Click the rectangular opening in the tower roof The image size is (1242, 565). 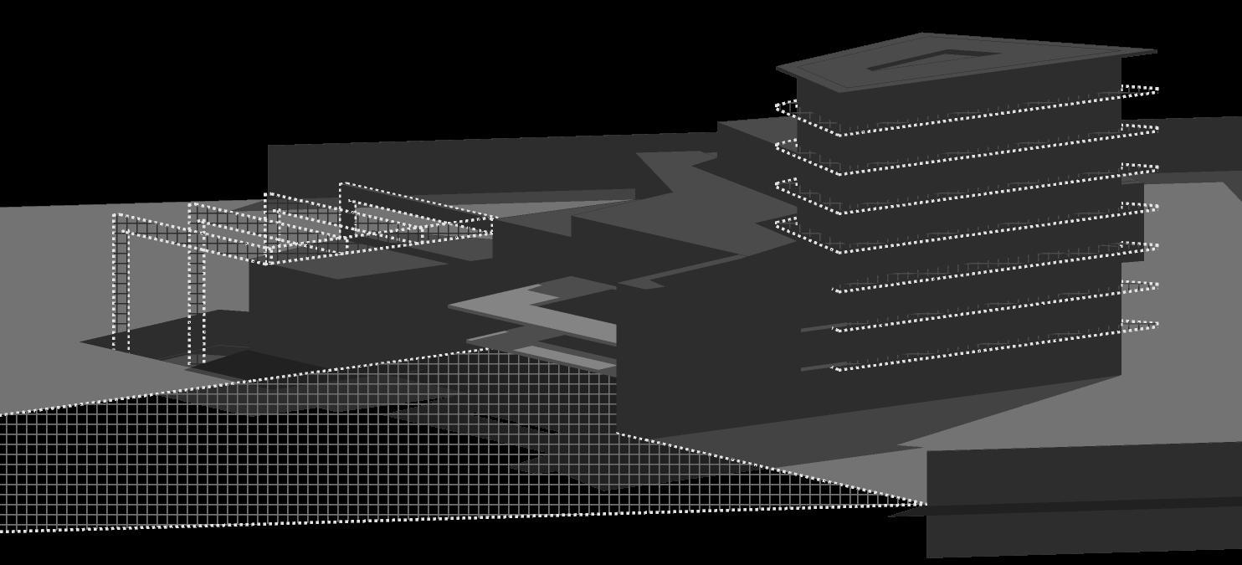[x=933, y=60]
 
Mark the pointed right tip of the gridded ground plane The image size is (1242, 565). [x=924, y=504]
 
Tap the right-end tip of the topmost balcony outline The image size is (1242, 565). [x=1157, y=88]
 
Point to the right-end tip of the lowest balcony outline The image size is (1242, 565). [x=1157, y=325]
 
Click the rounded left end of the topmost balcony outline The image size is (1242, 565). [x=778, y=107]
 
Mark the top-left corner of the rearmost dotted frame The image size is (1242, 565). [x=341, y=184]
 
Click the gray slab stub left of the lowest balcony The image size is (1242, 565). [x=816, y=367]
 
